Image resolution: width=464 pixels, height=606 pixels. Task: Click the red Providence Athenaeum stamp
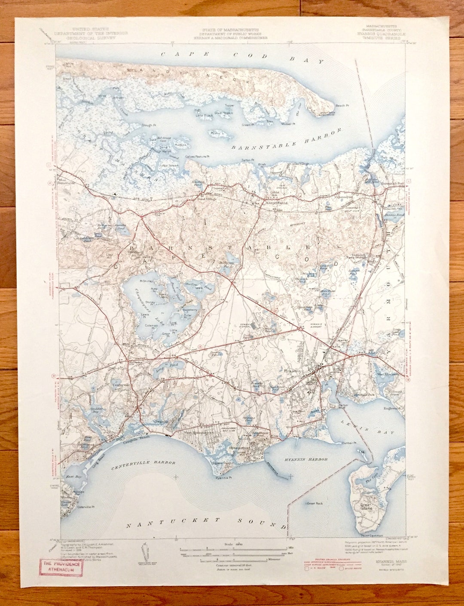pyautogui.click(x=61, y=566)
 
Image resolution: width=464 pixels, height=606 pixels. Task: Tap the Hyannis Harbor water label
pyautogui.click(x=306, y=459)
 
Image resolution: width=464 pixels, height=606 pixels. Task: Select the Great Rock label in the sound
pyautogui.click(x=314, y=503)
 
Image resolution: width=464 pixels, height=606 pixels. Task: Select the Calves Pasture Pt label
pyautogui.click(x=198, y=156)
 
